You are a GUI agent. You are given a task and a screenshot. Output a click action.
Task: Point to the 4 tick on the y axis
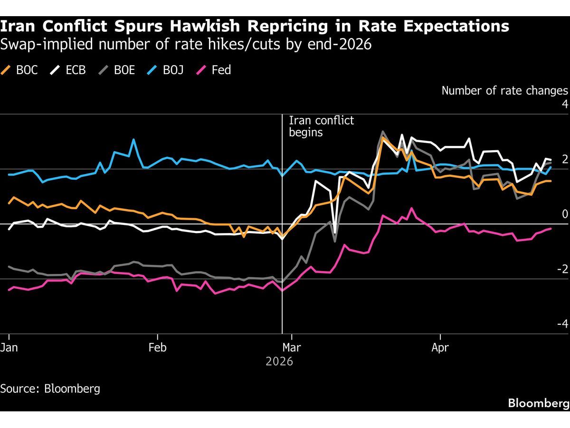565,105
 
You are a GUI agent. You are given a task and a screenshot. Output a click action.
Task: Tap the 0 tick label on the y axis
565,214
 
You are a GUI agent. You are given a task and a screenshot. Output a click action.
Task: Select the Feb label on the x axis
157,348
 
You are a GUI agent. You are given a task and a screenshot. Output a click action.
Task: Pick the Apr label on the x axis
440,348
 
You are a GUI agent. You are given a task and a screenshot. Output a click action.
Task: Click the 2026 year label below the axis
279,361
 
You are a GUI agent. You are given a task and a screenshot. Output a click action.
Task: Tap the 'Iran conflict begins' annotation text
321,126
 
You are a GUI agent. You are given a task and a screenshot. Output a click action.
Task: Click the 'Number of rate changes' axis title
504,91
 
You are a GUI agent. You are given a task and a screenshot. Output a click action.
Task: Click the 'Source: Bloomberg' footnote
50,389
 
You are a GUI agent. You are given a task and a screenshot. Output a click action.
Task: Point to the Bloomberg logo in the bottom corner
538,403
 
